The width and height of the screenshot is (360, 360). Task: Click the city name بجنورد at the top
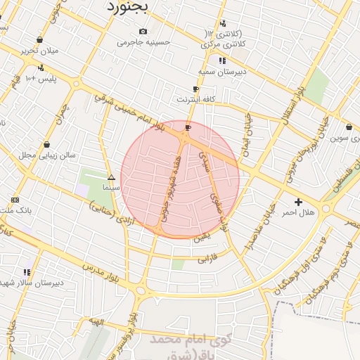129,8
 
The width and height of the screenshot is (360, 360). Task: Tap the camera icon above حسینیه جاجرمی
143,31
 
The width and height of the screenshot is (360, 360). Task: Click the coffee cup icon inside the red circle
188,127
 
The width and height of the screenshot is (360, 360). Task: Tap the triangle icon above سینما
111,177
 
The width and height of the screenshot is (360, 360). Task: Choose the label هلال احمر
299,212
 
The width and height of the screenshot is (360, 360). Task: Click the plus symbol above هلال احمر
299,202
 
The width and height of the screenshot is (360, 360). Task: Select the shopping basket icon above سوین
349,127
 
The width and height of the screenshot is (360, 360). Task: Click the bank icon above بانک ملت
15,200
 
